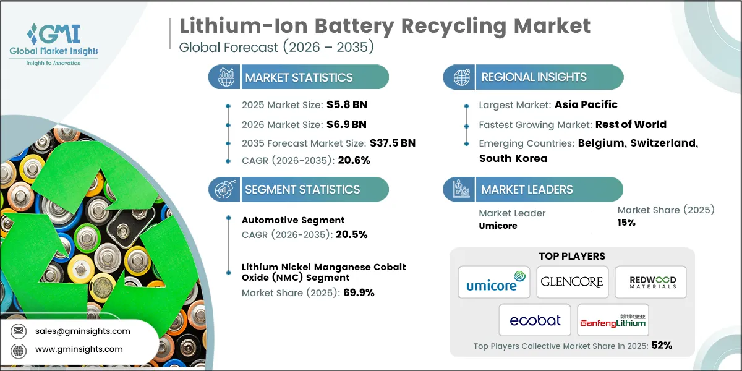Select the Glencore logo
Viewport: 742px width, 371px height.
pyautogui.click(x=572, y=282)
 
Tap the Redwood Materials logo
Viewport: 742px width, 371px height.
pyautogui.click(x=652, y=282)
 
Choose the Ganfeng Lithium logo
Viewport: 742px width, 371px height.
pyautogui.click(x=612, y=320)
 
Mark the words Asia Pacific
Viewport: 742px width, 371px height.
pyautogui.click(x=585, y=104)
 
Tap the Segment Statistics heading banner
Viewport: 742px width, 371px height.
pyautogui.click(x=302, y=190)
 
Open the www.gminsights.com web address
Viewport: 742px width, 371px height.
pyautogui.click(x=79, y=349)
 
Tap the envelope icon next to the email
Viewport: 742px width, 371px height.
pyautogui.click(x=19, y=331)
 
